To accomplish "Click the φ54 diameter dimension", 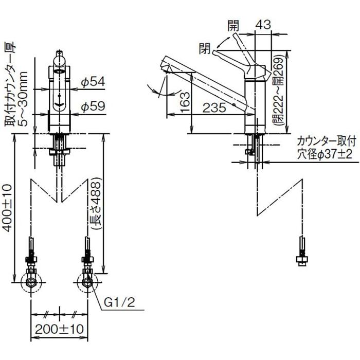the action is coord(94,82).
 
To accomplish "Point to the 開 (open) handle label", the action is coord(231,24).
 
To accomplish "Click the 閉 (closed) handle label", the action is coord(205,49).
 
